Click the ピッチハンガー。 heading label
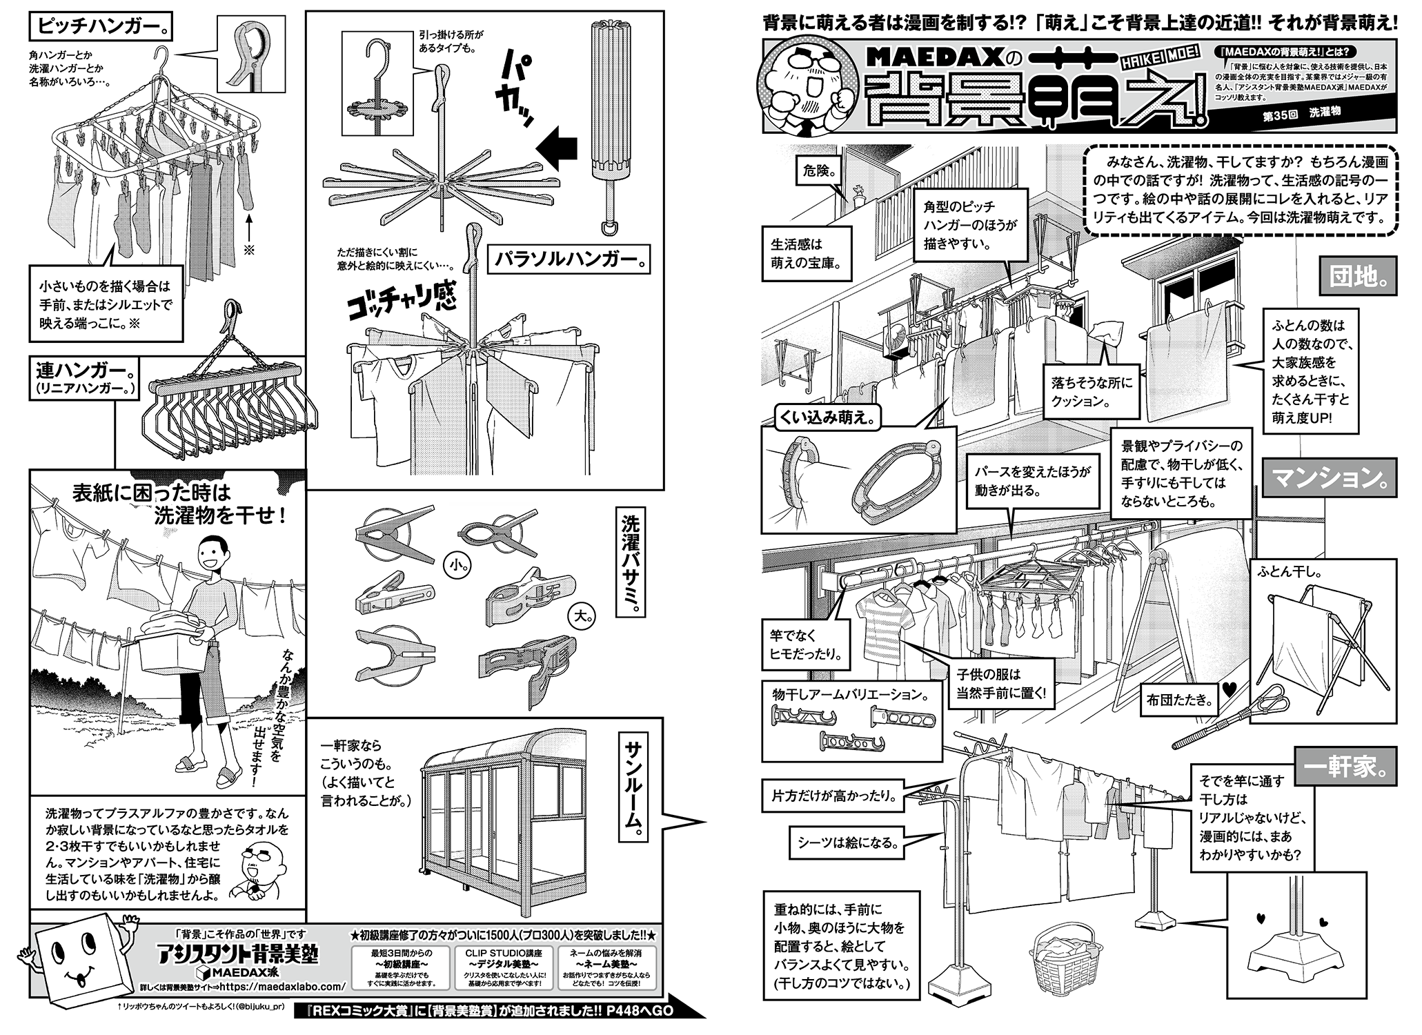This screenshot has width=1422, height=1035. click(101, 28)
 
